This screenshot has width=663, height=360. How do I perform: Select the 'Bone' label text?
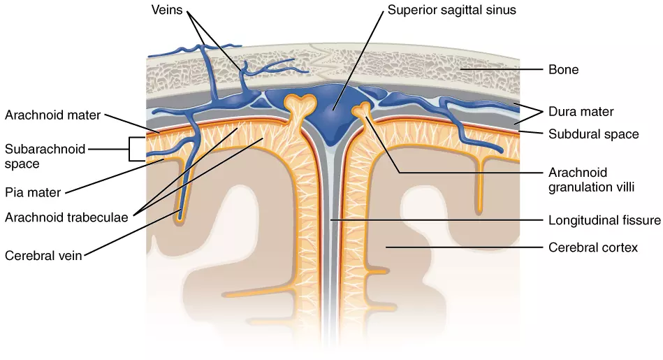coord(564,70)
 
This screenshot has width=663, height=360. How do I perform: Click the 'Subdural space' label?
coord(593,134)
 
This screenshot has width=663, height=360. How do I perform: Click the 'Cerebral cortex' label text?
coord(593,247)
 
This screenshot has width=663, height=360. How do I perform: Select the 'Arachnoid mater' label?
coord(53,115)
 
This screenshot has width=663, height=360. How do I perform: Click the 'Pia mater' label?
coord(33,191)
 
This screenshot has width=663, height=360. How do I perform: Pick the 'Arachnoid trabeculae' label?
coord(66,217)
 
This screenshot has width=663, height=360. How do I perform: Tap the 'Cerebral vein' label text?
coord(44,255)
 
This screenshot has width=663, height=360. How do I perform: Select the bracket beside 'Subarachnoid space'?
coord(130,150)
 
